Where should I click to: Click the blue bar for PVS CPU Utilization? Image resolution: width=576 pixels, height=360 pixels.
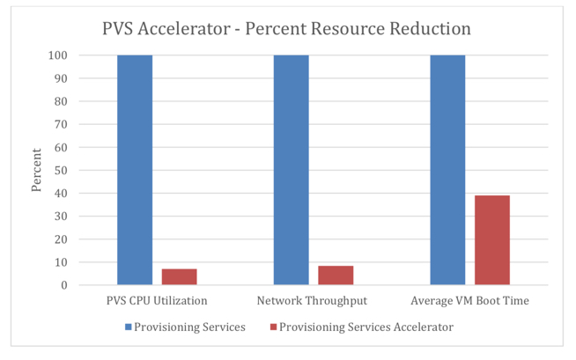click(135, 170)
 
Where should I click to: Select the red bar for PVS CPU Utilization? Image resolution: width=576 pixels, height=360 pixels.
click(179, 276)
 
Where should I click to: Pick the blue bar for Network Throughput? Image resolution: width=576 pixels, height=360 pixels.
click(292, 170)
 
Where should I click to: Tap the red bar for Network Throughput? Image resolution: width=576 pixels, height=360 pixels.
click(336, 275)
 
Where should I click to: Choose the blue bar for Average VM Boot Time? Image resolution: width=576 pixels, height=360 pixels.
click(447, 170)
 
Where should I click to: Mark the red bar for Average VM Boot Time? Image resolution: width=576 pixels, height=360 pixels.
click(492, 239)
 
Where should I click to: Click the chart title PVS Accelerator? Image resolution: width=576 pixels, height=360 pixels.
click(287, 28)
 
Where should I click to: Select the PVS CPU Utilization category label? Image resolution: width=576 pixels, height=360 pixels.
click(158, 301)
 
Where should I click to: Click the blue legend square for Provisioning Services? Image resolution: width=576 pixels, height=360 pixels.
click(129, 327)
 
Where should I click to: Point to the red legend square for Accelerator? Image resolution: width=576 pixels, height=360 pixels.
click(274, 327)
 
